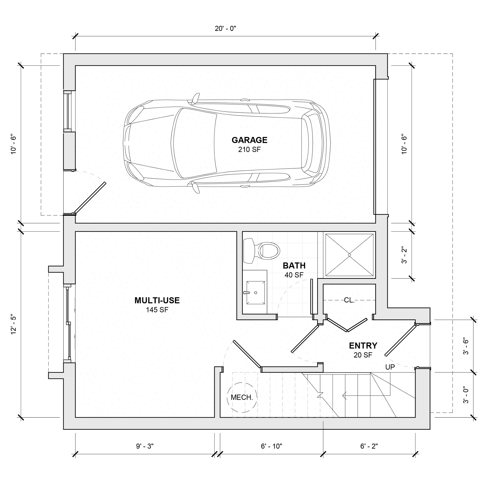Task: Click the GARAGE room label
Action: pos(249,140)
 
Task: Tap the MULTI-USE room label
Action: pos(157,300)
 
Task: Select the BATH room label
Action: pos(294,266)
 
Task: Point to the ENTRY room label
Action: pos(363,345)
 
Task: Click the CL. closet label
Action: pos(349,300)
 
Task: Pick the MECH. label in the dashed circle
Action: pos(242,397)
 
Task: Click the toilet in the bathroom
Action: pos(262,251)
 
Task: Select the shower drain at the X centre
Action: pos(349,255)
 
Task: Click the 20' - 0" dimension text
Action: pos(225,29)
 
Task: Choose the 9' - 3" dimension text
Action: pos(145,446)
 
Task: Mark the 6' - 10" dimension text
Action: pos(271,446)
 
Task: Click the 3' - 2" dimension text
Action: pos(404,255)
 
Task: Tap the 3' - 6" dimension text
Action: pos(466,346)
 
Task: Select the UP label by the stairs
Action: pos(390,367)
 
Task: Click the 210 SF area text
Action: pos(249,150)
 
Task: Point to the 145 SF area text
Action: pos(157,310)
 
